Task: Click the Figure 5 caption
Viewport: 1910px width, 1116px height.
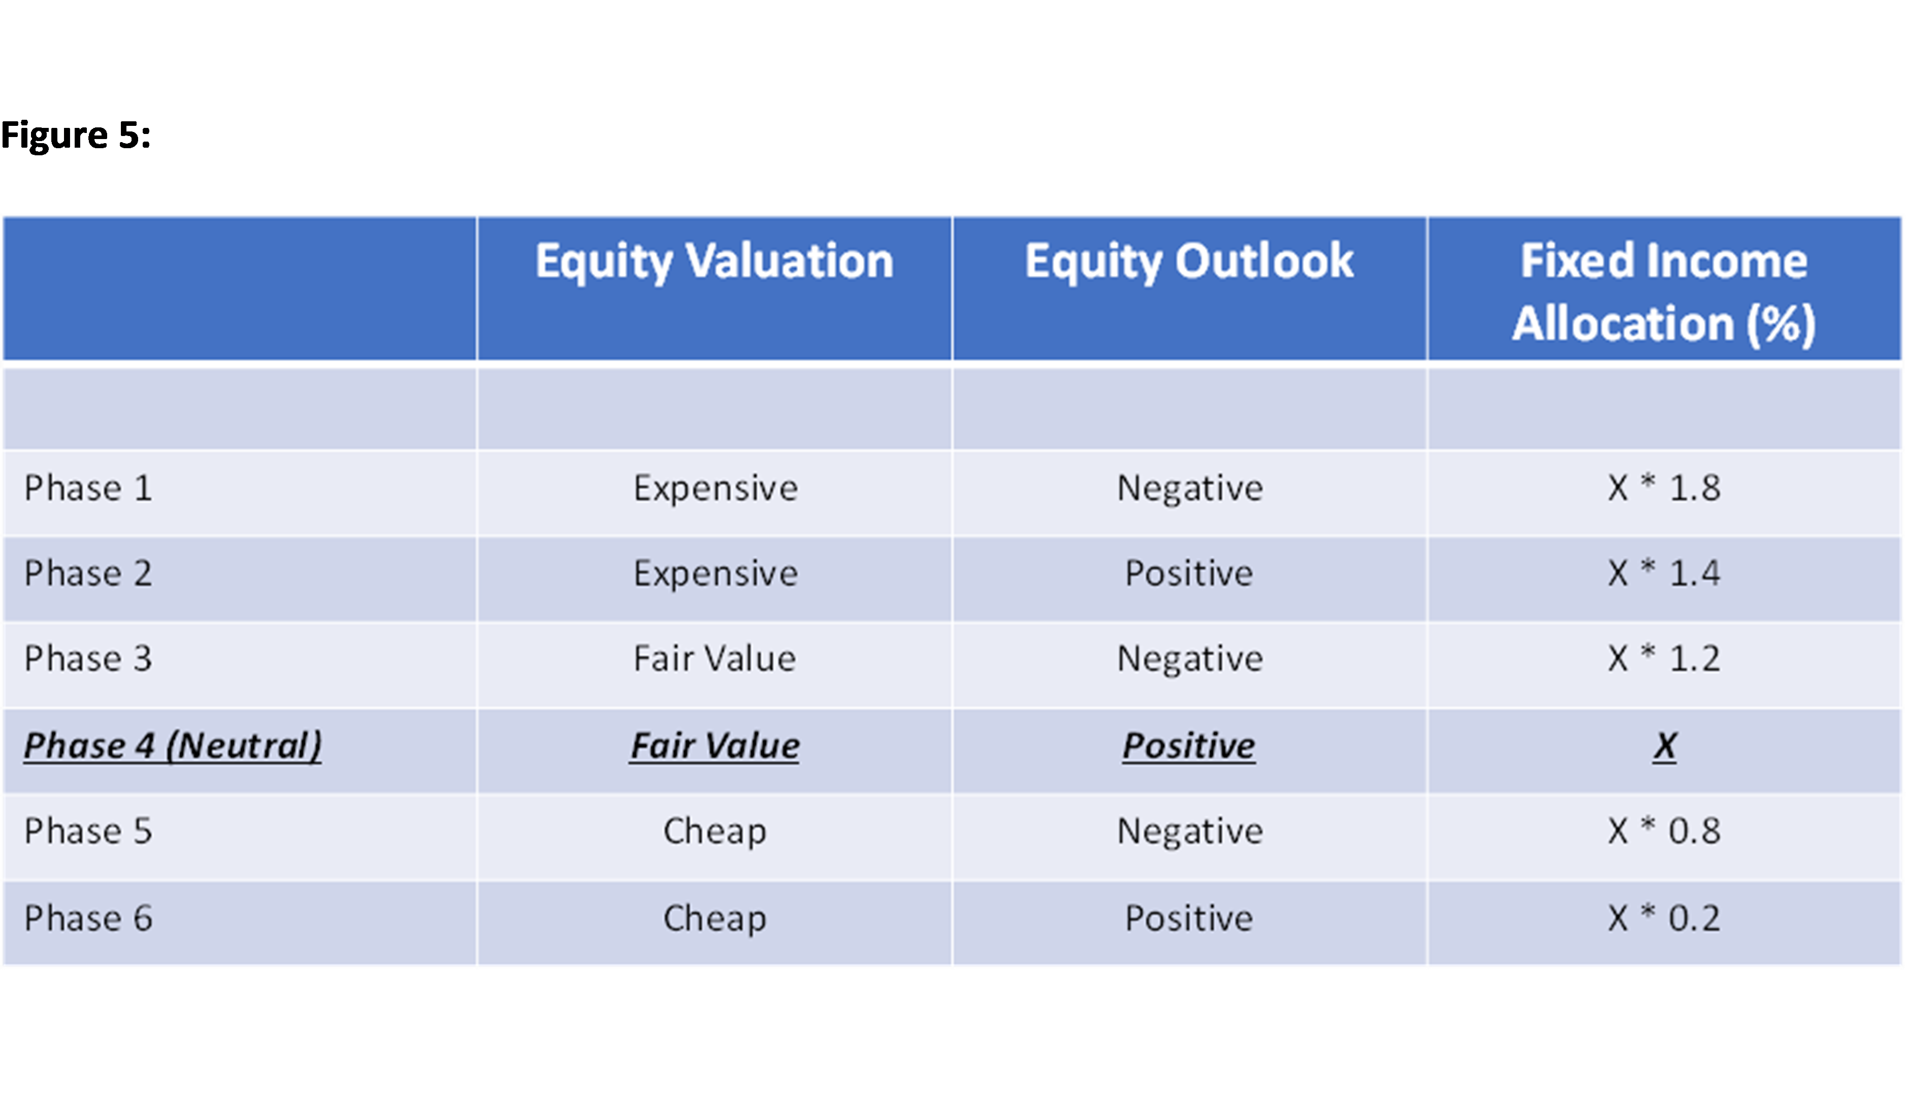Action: (76, 136)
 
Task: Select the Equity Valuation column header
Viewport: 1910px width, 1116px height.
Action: (715, 261)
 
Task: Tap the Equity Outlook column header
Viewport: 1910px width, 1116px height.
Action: (1189, 261)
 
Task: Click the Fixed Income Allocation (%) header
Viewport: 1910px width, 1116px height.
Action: (1664, 292)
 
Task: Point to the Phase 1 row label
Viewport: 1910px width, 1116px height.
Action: (88, 488)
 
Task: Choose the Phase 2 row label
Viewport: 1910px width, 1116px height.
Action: (88, 573)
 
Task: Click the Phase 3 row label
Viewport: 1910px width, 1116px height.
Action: (88, 658)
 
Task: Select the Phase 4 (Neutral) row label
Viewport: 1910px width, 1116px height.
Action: (173, 746)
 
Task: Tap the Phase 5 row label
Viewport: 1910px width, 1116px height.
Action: (88, 831)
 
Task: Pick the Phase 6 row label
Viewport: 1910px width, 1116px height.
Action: (88, 918)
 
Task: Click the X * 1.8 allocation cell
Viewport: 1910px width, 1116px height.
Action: (1664, 488)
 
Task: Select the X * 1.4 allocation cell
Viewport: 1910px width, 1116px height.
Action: (1664, 573)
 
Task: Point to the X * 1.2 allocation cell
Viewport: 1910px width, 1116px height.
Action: (1664, 658)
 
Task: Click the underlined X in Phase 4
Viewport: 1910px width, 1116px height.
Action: (1665, 746)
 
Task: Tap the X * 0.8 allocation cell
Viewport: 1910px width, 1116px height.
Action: (1664, 831)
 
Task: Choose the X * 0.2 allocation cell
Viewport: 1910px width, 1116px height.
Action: (1664, 918)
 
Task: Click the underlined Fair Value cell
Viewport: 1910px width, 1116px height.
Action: (715, 746)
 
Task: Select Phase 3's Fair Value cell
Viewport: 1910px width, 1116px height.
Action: (715, 658)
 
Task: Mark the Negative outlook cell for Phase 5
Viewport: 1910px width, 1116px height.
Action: (1190, 832)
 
